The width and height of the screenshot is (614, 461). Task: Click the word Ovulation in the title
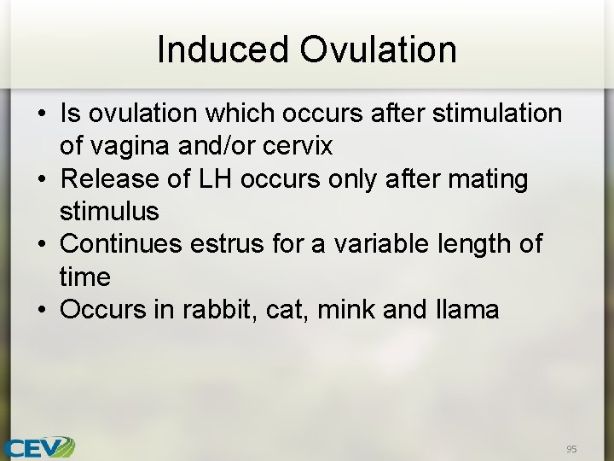click(x=378, y=50)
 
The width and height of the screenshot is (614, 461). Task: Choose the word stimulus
click(x=109, y=212)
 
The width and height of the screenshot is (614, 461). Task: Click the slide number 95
click(x=571, y=448)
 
